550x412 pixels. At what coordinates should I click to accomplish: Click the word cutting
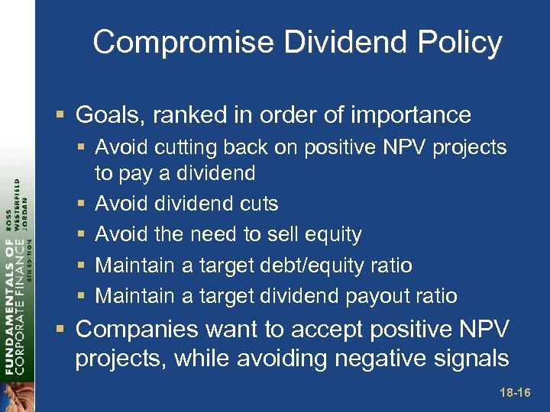[182, 147]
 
